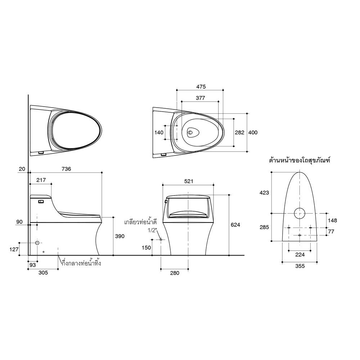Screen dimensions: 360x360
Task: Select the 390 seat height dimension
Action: coord(120,237)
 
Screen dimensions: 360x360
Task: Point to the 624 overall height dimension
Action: coord(235,225)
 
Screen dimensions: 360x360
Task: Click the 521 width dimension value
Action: coord(189,181)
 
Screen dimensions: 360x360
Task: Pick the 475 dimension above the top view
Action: coord(201,86)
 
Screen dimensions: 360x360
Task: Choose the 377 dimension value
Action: coord(201,98)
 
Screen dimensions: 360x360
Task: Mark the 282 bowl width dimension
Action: coord(239,132)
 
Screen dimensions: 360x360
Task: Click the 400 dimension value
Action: coord(253,132)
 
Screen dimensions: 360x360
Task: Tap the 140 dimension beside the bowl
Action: coord(159,132)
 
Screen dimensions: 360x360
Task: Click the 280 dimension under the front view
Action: coord(174,273)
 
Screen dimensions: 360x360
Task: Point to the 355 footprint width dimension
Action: coord(300,266)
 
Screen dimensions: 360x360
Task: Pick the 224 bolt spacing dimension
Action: coord(300,255)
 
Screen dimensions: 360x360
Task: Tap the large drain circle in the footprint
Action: coord(300,213)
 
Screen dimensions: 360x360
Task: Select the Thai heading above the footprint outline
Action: coord(300,160)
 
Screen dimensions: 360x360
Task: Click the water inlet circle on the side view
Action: coord(37,243)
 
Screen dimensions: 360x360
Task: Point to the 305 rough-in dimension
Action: coord(43,273)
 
